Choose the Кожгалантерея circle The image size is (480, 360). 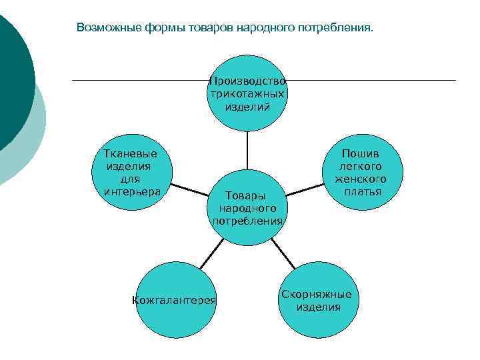[x=175, y=301]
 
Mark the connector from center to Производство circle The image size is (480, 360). [x=247, y=151]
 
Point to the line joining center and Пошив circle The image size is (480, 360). [x=305, y=189]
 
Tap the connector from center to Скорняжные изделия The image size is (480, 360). [x=283, y=253]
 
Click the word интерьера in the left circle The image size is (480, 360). [x=133, y=192]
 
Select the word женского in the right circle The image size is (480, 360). [x=361, y=179]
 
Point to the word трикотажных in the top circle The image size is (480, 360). [x=247, y=93]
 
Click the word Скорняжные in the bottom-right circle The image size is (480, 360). [x=316, y=294]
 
